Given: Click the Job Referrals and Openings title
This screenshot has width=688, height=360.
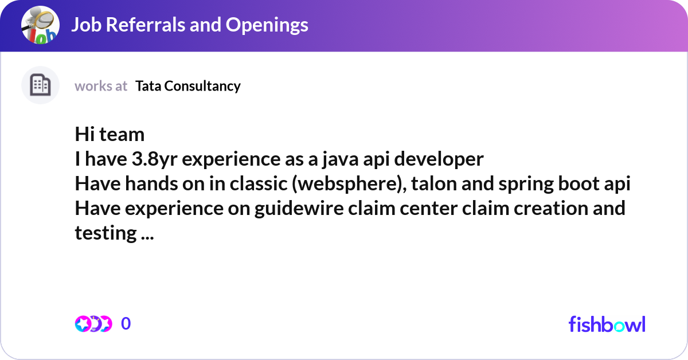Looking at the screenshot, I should (190, 25).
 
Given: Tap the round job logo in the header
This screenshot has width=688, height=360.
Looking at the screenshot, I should (40, 25).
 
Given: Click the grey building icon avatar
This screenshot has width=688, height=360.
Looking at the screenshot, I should (40, 85).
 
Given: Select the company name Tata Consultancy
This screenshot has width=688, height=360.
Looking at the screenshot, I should (188, 86).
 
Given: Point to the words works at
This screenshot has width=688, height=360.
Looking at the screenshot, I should (101, 86).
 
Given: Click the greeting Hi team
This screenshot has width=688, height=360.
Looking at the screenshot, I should (110, 135).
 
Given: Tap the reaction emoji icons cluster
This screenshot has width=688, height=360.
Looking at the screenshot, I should (93, 324).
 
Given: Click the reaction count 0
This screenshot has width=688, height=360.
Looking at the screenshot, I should (126, 324).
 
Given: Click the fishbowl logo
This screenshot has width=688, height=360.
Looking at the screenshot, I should (607, 324).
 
